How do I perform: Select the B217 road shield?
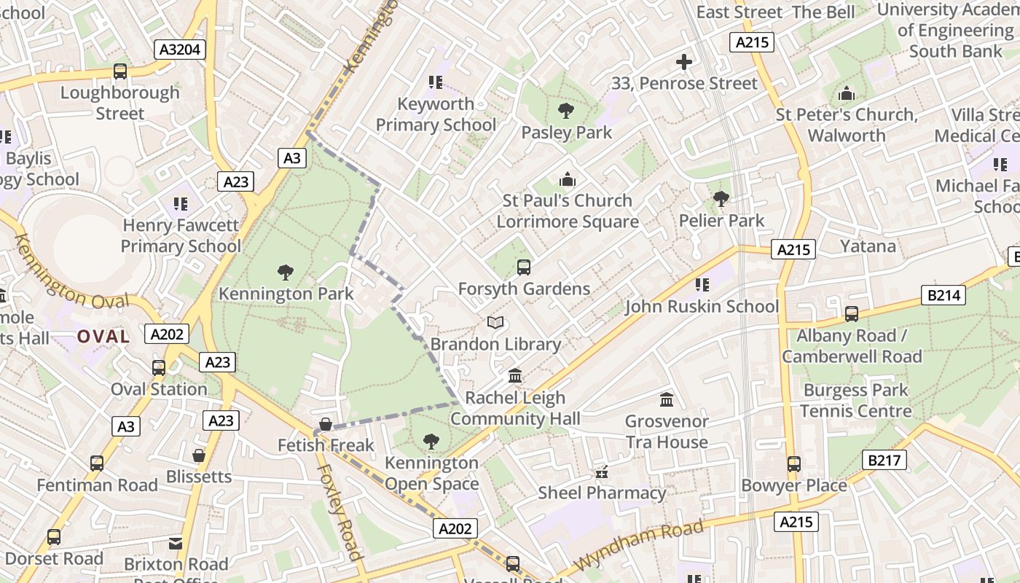(x=885, y=460)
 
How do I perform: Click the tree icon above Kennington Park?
(x=286, y=273)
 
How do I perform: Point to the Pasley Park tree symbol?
(x=565, y=111)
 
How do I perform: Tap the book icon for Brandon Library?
(x=495, y=322)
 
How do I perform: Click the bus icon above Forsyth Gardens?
(x=523, y=267)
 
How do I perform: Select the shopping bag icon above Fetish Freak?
(x=326, y=424)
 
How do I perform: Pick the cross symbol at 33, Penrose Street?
(x=684, y=62)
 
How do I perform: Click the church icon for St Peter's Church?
(x=846, y=93)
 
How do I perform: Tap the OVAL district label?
(x=103, y=337)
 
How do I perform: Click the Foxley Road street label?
(x=340, y=512)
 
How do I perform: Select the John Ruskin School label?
(x=702, y=307)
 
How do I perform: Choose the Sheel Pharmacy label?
(x=602, y=493)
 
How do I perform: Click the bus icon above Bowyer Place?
(x=793, y=464)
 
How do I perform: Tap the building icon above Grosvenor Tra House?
(x=666, y=399)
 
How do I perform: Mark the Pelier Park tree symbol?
(x=721, y=198)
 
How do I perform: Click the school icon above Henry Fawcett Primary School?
(x=179, y=204)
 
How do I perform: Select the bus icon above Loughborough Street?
(x=119, y=71)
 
